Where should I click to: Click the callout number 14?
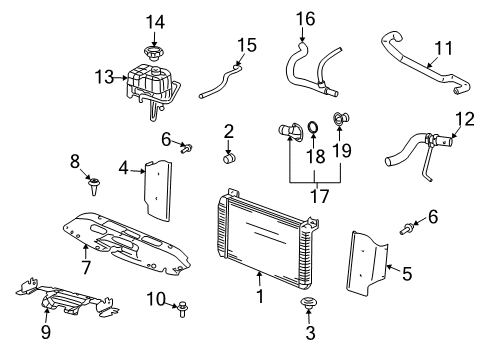pyautogui.click(x=153, y=22)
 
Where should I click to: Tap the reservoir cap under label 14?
pyautogui.click(x=153, y=52)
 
